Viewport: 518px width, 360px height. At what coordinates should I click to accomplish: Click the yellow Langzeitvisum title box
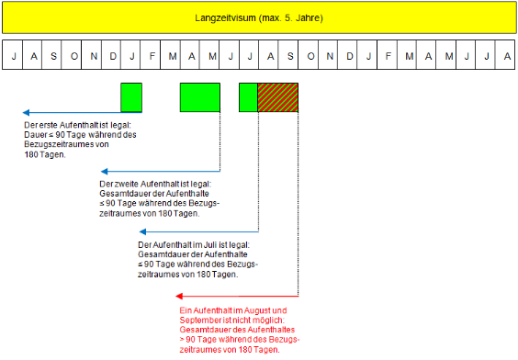pos(258,17)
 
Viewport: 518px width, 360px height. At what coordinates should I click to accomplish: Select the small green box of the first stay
pos(131,97)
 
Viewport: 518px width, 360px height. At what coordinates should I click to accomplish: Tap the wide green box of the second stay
pos(199,97)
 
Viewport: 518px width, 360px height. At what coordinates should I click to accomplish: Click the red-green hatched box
pos(278,97)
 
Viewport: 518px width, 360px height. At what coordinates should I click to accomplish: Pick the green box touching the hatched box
pos(248,97)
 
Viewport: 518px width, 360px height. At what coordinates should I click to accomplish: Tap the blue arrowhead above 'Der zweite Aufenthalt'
pos(104,171)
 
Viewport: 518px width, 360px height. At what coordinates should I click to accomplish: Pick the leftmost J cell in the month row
pos(13,56)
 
